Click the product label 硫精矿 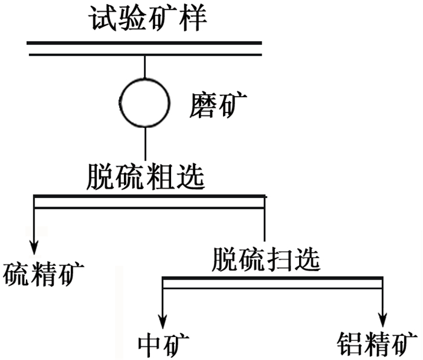[43, 275]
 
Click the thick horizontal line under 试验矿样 [144, 43]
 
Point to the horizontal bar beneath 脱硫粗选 [149, 196]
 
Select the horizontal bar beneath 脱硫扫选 [272, 278]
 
